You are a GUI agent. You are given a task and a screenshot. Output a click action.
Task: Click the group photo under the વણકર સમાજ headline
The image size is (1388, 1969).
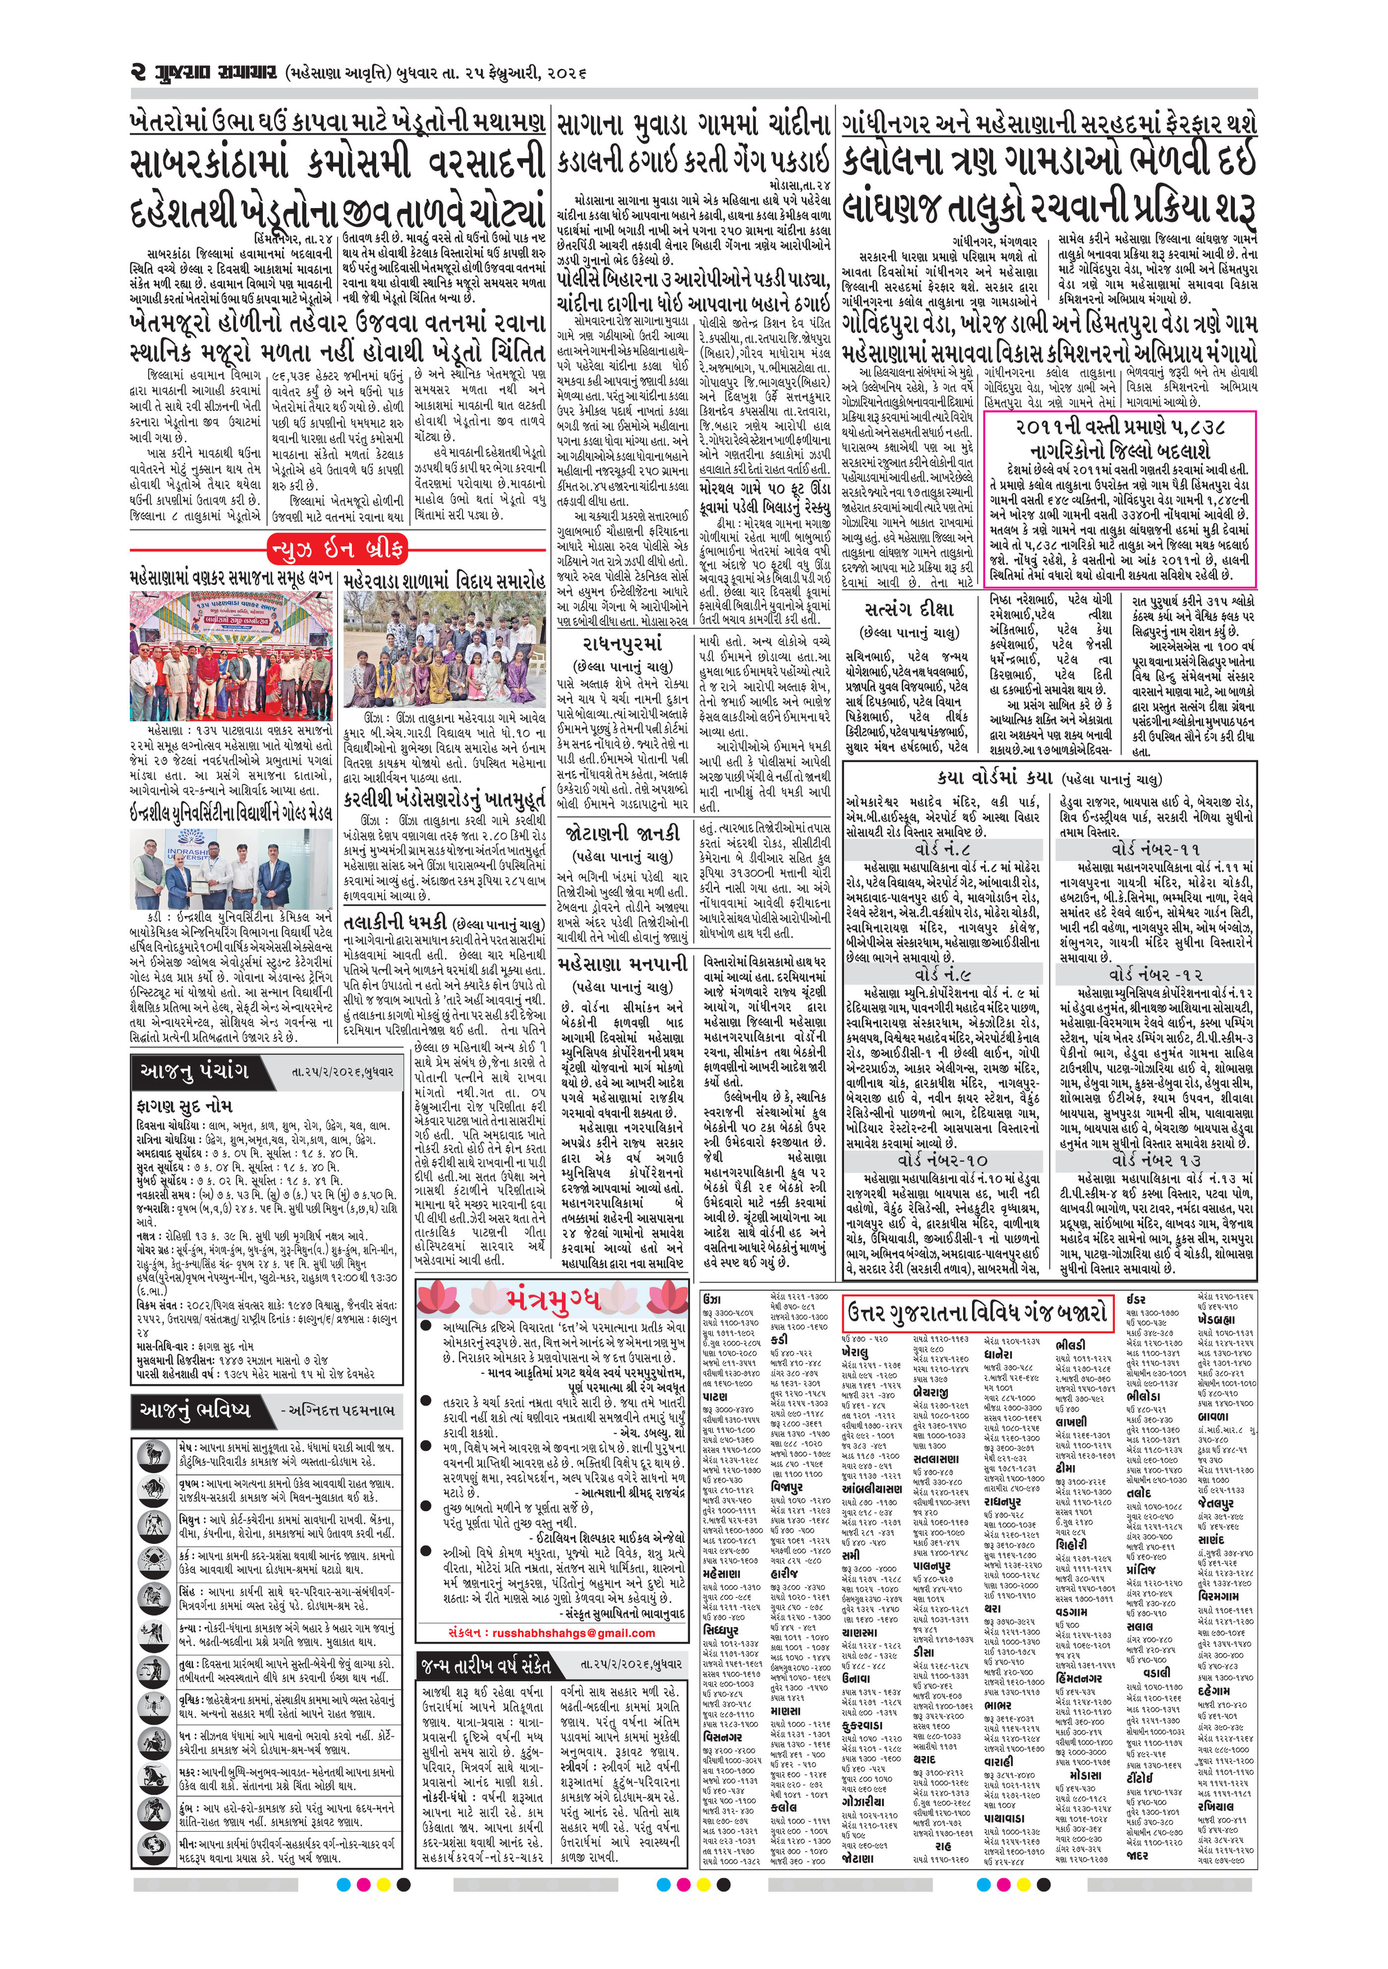[231, 658]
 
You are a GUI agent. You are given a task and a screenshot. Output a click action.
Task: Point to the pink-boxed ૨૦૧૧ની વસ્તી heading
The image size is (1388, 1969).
[1120, 438]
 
